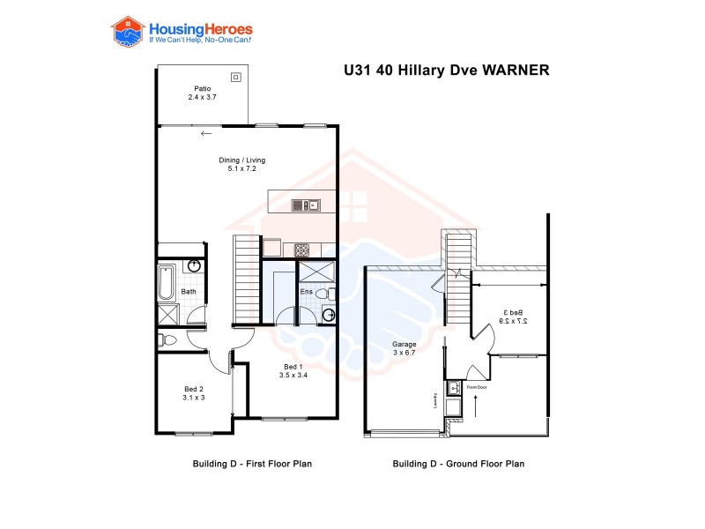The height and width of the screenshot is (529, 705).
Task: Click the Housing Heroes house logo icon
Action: (127, 31)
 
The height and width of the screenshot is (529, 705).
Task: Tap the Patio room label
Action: (202, 87)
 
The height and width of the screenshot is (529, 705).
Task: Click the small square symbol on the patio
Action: (235, 78)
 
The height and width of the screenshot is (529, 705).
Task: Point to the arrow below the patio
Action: (206, 134)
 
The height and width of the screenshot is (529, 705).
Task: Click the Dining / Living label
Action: (241, 160)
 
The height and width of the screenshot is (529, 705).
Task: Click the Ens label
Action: (306, 291)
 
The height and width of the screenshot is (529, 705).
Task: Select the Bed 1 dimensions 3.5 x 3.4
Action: (293, 375)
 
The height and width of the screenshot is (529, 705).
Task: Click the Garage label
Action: (404, 344)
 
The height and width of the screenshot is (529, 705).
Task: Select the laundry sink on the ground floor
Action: (455, 388)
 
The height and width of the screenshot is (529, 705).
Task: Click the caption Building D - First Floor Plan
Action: (252, 463)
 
